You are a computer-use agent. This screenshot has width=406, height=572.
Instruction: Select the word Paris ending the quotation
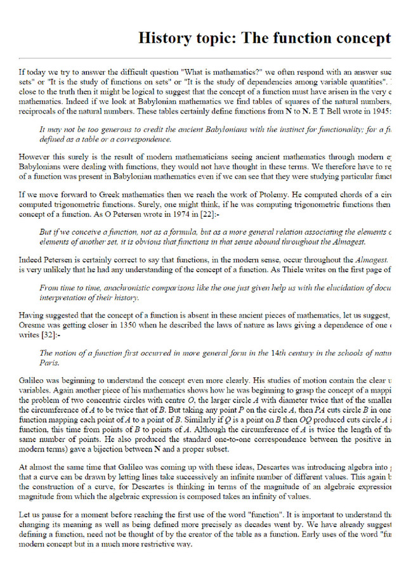click(49, 363)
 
